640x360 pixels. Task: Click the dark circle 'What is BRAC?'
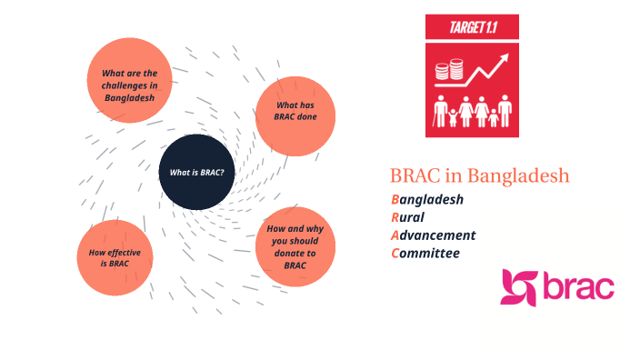click(x=197, y=172)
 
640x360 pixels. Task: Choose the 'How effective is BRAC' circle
click(x=115, y=257)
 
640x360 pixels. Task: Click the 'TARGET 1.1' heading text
click(x=471, y=28)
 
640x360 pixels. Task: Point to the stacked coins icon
click(x=449, y=71)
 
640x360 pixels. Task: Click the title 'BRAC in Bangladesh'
click(x=479, y=175)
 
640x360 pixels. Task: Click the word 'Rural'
click(x=408, y=217)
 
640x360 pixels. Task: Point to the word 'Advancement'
click(x=433, y=235)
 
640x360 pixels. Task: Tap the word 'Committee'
click(x=425, y=253)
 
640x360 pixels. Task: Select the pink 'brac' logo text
click(x=579, y=286)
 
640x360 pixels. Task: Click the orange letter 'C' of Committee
click(x=395, y=253)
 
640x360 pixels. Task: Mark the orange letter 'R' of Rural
click(x=395, y=217)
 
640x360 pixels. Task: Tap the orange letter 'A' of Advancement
click(x=395, y=235)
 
